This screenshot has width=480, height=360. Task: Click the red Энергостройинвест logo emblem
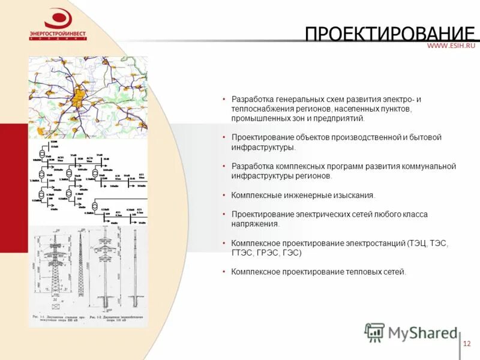click(x=58, y=19)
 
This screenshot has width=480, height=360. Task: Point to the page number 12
click(x=467, y=344)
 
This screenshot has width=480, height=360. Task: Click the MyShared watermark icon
click(x=375, y=332)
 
